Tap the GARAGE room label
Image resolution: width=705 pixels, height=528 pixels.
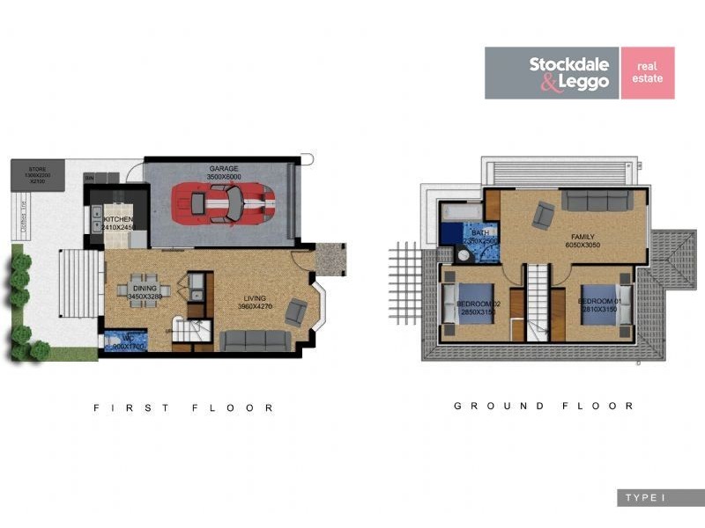pos(224,168)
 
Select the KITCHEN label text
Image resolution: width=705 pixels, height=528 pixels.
pos(119,219)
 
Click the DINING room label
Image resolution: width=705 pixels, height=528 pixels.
pos(145,288)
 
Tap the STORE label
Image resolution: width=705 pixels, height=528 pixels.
pos(37,168)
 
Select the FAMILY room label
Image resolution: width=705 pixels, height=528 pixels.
pos(583,237)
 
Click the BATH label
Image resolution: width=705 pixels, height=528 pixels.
pos(479,233)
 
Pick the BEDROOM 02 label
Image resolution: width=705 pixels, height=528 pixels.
pos(479,305)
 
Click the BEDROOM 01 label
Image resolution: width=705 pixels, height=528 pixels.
pos(599,302)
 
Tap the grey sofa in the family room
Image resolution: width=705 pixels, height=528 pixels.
pos(596,200)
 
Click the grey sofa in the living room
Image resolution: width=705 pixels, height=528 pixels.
pos(256,340)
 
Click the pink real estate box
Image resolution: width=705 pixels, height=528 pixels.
pos(648,73)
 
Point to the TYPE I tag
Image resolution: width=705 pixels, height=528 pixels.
pos(644,498)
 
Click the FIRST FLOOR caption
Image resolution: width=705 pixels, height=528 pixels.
pos(184,408)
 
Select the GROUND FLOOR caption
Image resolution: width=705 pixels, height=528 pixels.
pos(544,407)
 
